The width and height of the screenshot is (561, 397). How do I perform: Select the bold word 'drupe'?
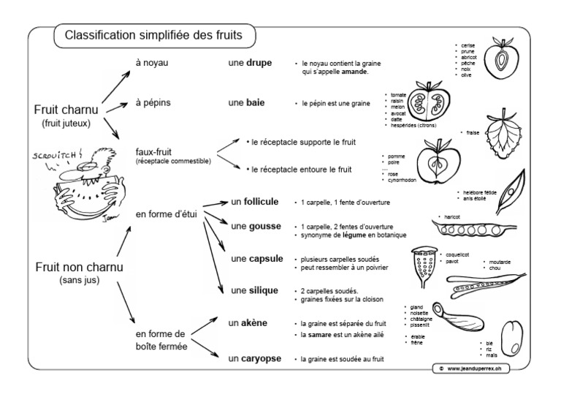click(x=259, y=64)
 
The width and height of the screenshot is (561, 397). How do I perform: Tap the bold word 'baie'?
click(x=256, y=103)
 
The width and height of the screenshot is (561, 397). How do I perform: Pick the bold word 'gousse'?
click(x=265, y=227)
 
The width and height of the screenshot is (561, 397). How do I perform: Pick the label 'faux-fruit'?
click(x=153, y=151)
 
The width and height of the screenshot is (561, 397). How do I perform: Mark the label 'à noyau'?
click(x=152, y=63)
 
